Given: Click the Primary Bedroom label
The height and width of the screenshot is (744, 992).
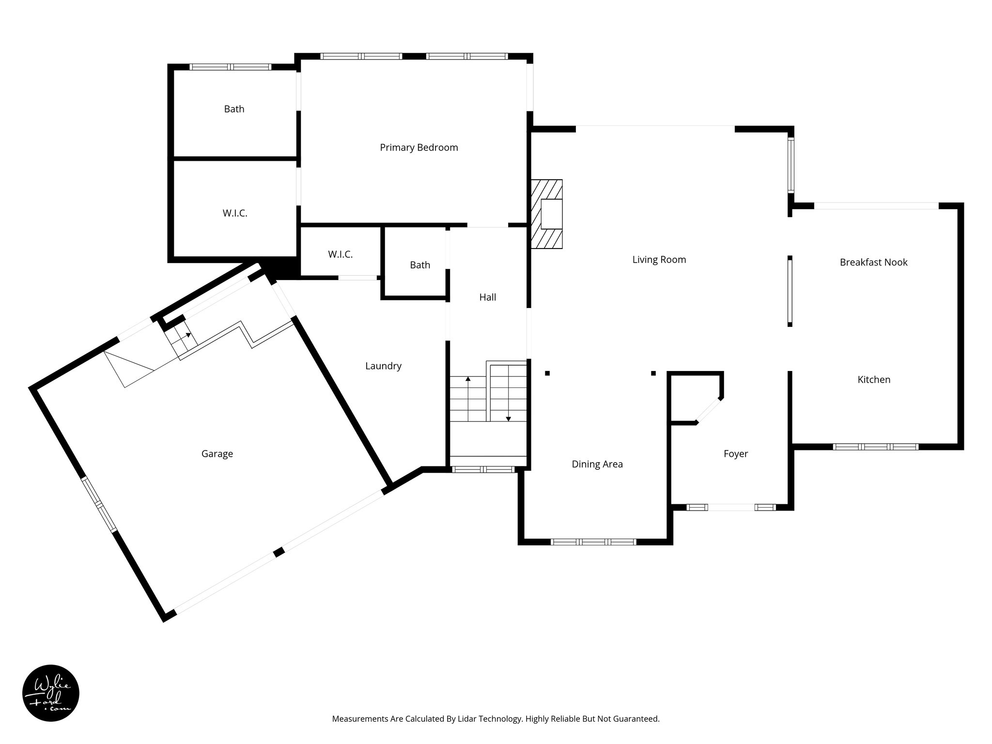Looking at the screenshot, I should (x=418, y=148).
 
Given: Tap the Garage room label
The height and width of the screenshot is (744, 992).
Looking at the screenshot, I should (x=217, y=454).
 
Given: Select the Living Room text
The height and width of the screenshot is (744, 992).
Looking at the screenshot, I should (x=659, y=260).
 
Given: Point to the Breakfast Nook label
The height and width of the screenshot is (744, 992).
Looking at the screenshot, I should (x=873, y=263).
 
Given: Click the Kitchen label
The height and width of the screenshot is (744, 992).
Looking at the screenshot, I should (x=874, y=380).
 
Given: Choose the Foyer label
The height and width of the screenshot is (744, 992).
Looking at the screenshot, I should (x=735, y=454).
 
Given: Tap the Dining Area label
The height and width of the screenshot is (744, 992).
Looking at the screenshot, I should (x=597, y=464).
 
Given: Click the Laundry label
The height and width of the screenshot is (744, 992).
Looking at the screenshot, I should (x=383, y=366).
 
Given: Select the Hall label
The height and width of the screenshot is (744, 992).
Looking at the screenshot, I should (x=487, y=297).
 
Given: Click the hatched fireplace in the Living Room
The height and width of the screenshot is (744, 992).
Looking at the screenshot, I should (x=547, y=214).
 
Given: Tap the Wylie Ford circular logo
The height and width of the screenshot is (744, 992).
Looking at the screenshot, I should (x=51, y=693).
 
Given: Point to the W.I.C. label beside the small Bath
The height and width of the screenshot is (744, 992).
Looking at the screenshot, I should (x=340, y=254).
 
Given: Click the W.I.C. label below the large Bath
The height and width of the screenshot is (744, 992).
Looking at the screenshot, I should (x=235, y=213).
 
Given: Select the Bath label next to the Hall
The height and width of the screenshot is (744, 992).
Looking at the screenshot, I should (x=419, y=265).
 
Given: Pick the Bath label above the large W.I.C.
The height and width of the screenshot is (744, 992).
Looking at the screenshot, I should (x=234, y=109).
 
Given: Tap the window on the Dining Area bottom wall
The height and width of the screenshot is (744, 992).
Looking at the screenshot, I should (x=593, y=542).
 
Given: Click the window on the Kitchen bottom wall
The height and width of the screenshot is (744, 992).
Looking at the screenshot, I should (x=875, y=447).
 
